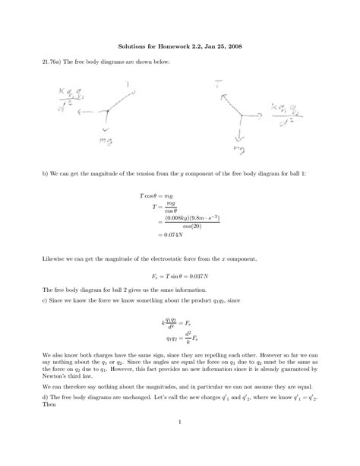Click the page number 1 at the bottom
pos(180,423)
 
